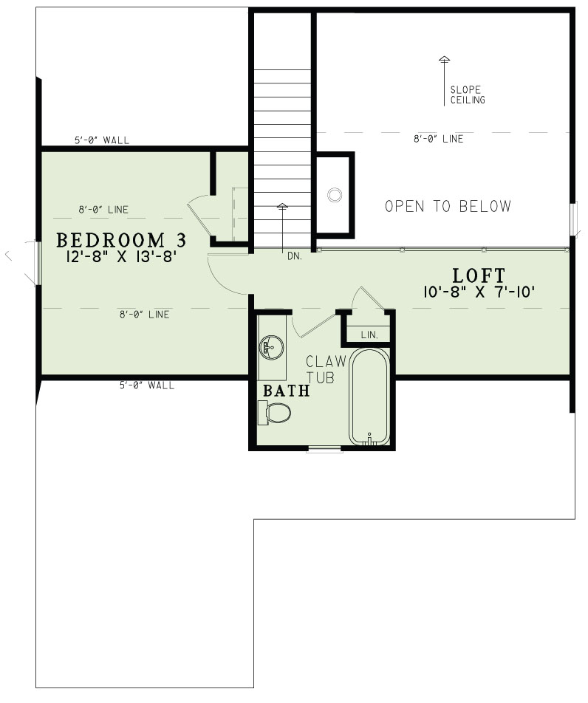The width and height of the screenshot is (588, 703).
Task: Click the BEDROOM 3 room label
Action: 120,241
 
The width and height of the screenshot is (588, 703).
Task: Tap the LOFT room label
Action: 479,275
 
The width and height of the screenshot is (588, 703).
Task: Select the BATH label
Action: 287,391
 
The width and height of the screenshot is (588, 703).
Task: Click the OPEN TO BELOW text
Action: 448,206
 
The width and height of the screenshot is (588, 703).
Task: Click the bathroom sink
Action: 271,345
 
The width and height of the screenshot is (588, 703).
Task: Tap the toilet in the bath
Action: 276,414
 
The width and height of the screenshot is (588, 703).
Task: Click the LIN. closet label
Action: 369,335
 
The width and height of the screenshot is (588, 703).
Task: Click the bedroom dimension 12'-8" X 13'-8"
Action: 120,258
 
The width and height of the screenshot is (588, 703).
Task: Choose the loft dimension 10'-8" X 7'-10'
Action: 479,292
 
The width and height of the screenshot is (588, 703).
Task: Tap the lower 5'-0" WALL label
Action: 147,385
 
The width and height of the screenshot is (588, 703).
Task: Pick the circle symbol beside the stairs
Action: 335,195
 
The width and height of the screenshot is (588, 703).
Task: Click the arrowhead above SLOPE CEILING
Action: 444,59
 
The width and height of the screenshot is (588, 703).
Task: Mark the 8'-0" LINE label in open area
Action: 439,139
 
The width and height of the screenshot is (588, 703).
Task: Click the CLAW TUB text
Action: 321,369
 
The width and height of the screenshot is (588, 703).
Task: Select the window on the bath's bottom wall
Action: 325,448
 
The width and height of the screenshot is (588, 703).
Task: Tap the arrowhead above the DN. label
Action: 282,206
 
